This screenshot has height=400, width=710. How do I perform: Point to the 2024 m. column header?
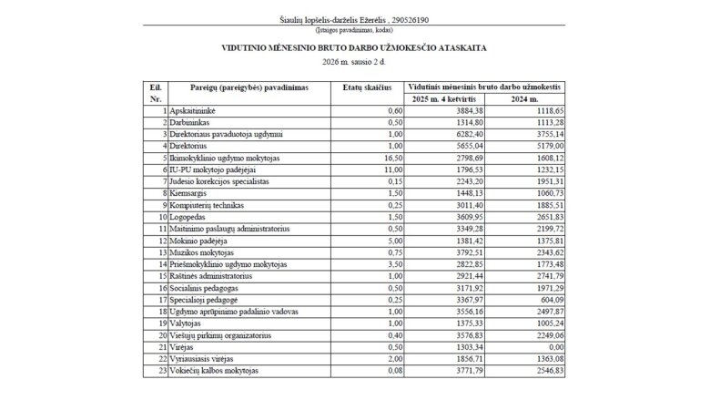point(527,98)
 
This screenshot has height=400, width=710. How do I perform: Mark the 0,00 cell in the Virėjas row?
point(553,359)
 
